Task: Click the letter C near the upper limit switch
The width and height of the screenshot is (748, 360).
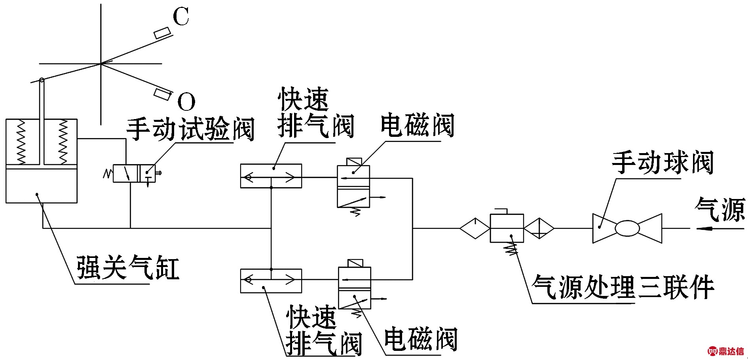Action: [181, 17]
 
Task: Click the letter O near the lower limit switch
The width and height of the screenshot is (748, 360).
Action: [186, 102]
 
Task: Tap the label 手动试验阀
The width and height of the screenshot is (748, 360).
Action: [190, 129]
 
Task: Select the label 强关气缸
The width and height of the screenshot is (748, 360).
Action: [127, 268]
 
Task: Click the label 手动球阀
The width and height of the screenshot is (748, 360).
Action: [663, 163]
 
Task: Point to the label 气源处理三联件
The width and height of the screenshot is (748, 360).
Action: [623, 287]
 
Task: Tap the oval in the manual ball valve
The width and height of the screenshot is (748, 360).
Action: [627, 228]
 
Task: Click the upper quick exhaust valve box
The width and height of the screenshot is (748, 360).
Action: [271, 176]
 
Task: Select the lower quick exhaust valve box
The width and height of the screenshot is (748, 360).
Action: [271, 281]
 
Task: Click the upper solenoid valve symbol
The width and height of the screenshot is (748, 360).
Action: [353, 186]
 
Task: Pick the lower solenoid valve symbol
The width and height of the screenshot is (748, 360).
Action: [354, 288]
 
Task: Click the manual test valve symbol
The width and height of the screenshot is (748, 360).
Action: [134, 173]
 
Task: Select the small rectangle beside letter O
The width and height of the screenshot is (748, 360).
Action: [162, 94]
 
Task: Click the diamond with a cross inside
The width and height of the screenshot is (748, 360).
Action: [539, 228]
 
